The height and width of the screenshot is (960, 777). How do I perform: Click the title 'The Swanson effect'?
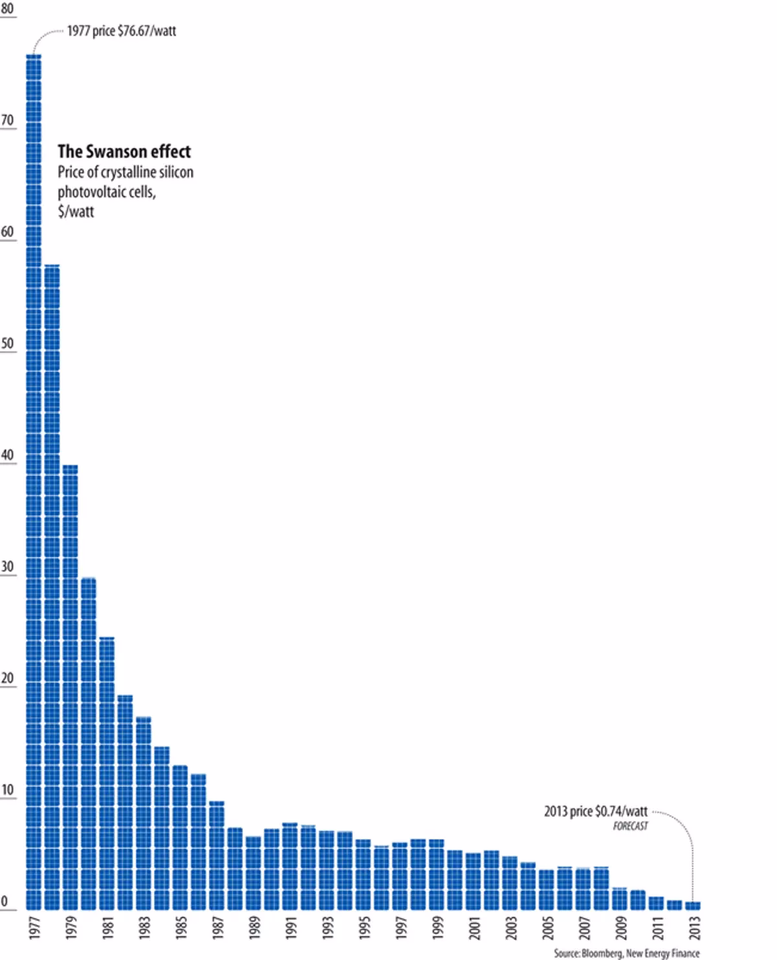(124, 152)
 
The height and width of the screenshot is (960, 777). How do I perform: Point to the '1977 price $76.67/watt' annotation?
(122, 31)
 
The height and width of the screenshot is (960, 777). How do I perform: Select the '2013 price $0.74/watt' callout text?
(595, 812)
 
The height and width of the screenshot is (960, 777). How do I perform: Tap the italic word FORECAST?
(630, 827)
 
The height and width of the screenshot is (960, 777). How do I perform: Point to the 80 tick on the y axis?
(8, 9)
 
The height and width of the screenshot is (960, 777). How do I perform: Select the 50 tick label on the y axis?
(8, 343)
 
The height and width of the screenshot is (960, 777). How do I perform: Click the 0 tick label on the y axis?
(5, 902)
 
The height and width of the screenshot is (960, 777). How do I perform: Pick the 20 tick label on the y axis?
(8, 678)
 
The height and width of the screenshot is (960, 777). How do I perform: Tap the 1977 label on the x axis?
(34, 928)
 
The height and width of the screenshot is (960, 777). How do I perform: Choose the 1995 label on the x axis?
(363, 928)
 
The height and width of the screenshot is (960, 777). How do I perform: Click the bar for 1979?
(70, 687)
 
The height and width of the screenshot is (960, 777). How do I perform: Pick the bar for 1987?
(217, 856)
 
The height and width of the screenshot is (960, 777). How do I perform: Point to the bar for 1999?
(436, 875)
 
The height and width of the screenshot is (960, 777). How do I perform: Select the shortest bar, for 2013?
(693, 906)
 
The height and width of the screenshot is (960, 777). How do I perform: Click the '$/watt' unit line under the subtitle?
(76, 212)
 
